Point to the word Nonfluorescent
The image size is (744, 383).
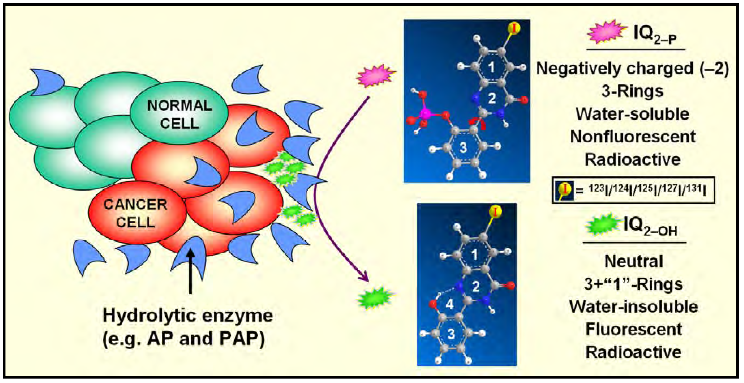(633, 137)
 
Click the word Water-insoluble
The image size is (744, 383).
(633, 306)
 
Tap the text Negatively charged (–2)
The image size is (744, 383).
(633, 69)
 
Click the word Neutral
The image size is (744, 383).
(633, 261)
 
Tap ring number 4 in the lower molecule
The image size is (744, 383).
(450, 304)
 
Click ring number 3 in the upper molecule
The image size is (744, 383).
(463, 148)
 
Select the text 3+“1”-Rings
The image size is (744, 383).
(633, 284)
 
